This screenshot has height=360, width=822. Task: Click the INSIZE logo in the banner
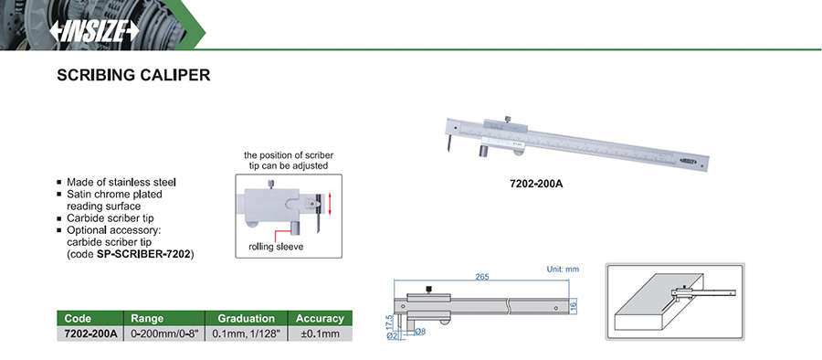94,31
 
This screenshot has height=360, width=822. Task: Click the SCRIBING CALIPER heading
133,75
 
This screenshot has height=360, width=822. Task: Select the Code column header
78,318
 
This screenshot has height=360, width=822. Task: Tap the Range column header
147,318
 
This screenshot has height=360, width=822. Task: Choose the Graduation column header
246,318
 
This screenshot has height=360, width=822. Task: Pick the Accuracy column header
320,318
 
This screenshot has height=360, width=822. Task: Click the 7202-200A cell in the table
90,334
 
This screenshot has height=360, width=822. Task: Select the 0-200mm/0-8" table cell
164,334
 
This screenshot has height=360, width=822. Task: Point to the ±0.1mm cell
321,334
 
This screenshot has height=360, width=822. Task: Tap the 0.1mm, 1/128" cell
246,334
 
